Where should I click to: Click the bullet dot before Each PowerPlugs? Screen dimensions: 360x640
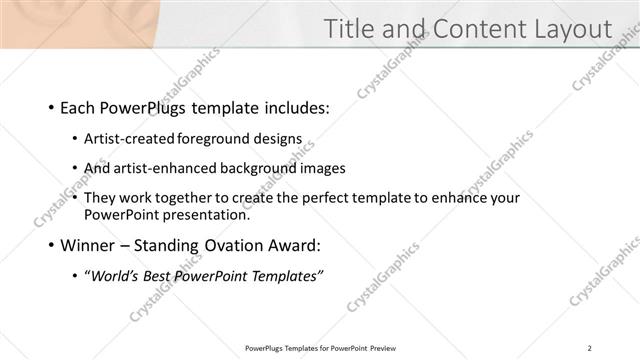click(x=51, y=108)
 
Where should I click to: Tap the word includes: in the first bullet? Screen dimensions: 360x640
click(x=293, y=108)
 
